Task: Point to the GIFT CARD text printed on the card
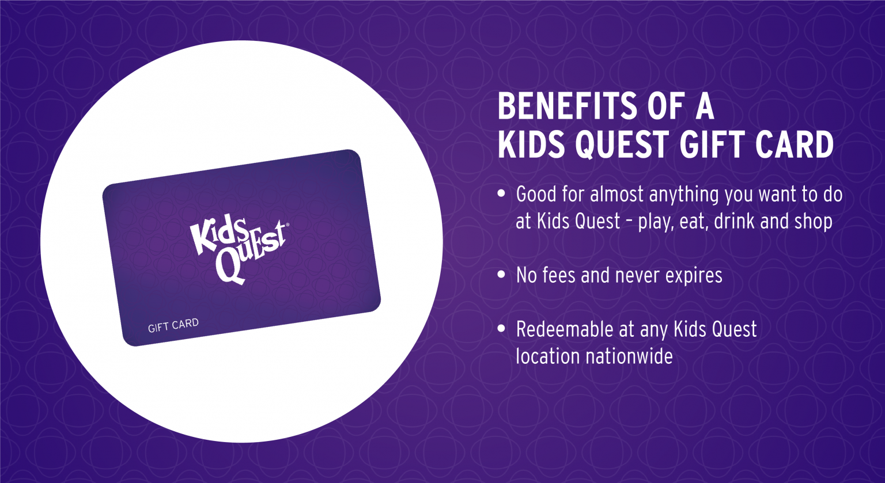click(173, 326)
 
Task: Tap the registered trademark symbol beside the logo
click(287, 225)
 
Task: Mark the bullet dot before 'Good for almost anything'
click(501, 194)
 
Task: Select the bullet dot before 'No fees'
click(501, 275)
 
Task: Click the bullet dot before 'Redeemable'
click(501, 329)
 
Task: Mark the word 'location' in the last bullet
click(548, 356)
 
